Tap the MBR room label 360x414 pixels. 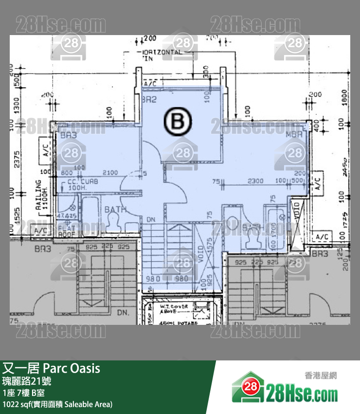tap(294, 134)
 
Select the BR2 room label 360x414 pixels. tap(148, 99)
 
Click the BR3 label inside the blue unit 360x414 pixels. tap(69, 136)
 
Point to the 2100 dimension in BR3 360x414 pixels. tap(110, 172)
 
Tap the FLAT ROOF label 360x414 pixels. tap(67, 230)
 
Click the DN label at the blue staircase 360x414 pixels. tap(151, 220)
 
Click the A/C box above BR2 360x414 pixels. tap(150, 84)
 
